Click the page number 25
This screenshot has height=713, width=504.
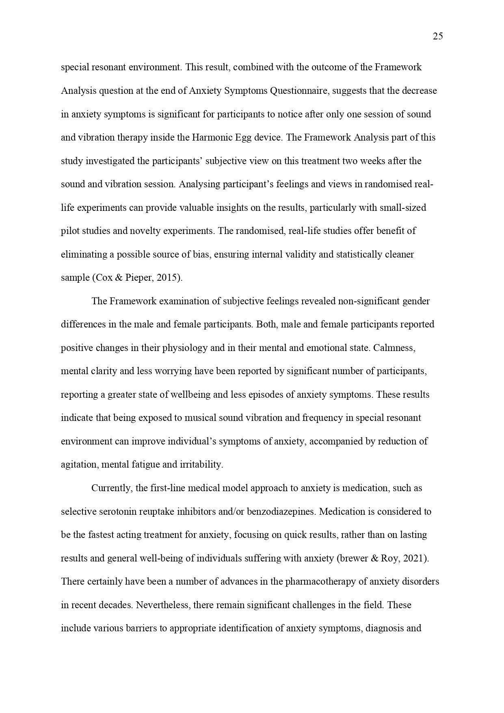[438, 37]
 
